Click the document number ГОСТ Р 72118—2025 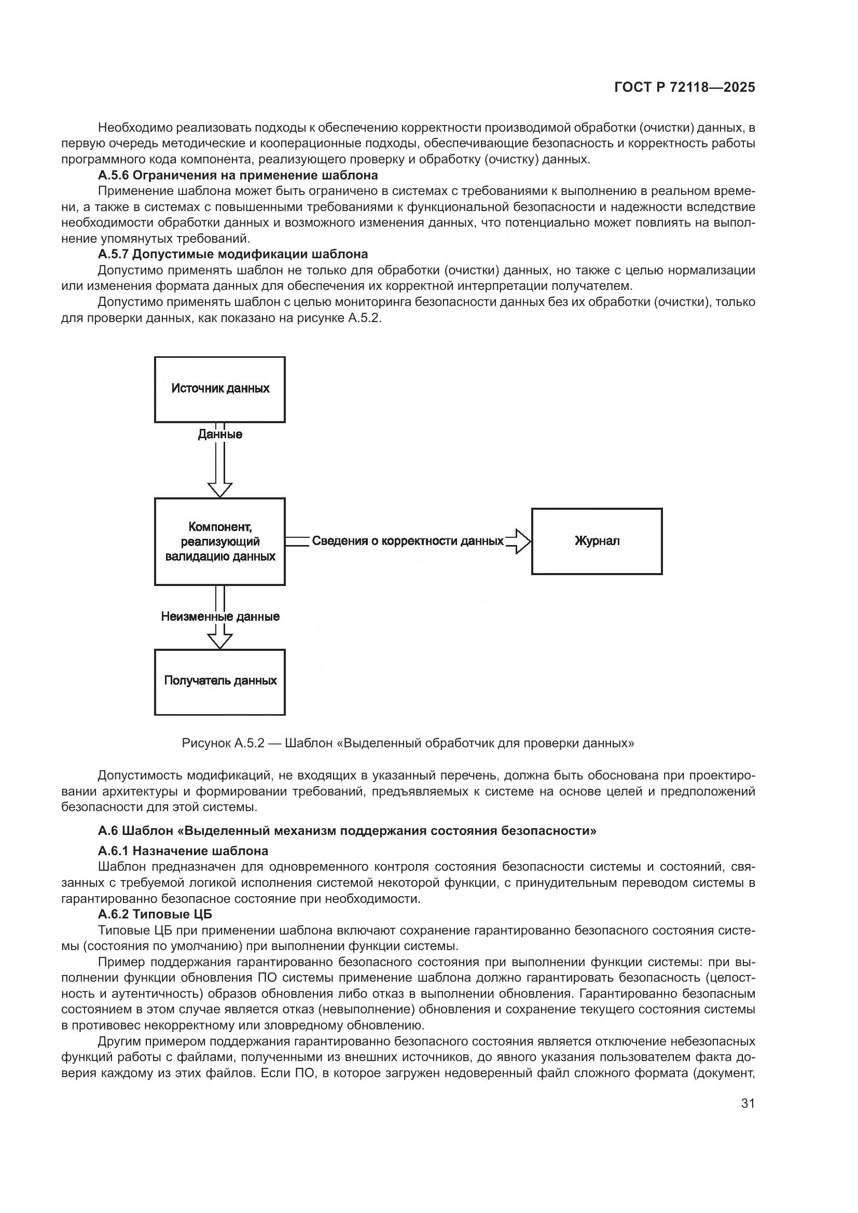pyautogui.click(x=685, y=88)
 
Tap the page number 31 pyautogui.click(x=748, y=1103)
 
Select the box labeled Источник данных pyautogui.click(x=220, y=389)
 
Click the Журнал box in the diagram pyautogui.click(x=597, y=541)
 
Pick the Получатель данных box pyautogui.click(x=220, y=681)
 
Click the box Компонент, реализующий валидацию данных pyautogui.click(x=220, y=541)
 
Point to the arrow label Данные pyautogui.click(x=220, y=434)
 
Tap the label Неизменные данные pyautogui.click(x=220, y=617)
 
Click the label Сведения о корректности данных pyautogui.click(x=407, y=541)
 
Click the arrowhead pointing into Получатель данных pyautogui.click(x=220, y=640)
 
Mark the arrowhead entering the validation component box pyautogui.click(x=220, y=490)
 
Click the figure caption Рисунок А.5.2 pyautogui.click(x=407, y=743)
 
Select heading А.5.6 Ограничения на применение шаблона pyautogui.click(x=238, y=175)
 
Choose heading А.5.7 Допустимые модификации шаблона pyautogui.click(x=232, y=254)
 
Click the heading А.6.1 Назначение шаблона pyautogui.click(x=183, y=851)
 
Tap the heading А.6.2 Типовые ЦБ pyautogui.click(x=155, y=914)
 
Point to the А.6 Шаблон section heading pyautogui.click(x=347, y=830)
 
